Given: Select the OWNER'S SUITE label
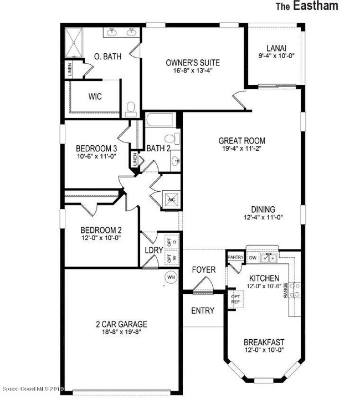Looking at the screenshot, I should coord(189,62).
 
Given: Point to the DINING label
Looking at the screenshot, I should coord(263,210).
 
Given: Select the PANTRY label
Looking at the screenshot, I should coord(235,257).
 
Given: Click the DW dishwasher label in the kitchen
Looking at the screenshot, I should coord(252,258).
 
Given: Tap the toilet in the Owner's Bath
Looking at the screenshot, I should coord(131,108).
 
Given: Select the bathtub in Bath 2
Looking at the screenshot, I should coord(160,122).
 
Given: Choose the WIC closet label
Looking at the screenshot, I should coord(95,96).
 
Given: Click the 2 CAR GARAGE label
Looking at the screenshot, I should coord(121,324).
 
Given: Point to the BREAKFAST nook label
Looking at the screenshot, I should coord(264,342).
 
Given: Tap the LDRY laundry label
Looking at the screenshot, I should coord(153,250).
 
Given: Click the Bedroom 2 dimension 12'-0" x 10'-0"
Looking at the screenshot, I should coord(101,238).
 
